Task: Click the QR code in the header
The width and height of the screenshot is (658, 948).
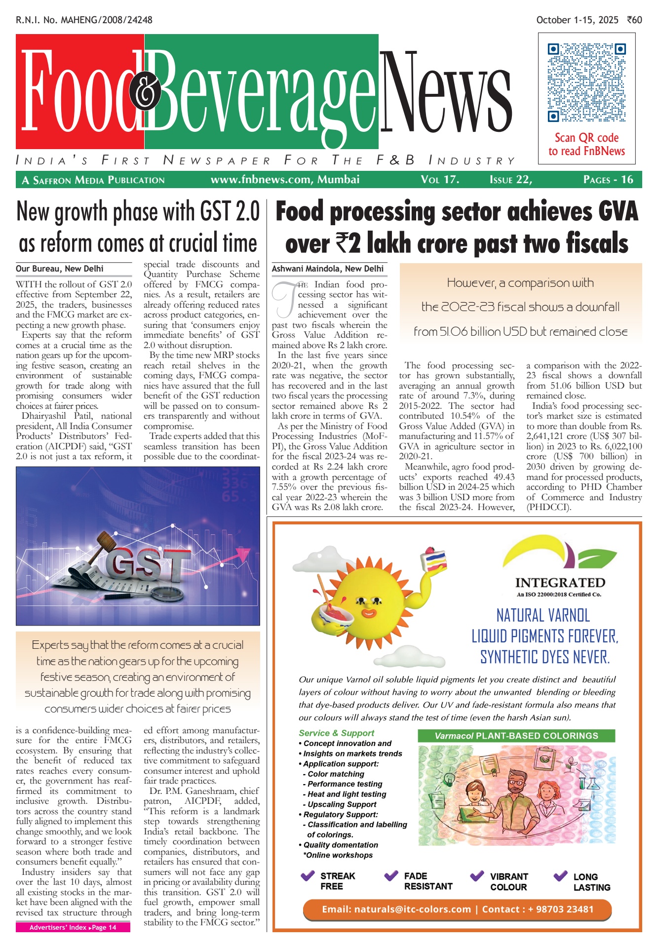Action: click(x=586, y=82)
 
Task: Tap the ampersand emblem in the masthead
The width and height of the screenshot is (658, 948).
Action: click(x=145, y=92)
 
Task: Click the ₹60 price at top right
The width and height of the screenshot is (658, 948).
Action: click(x=634, y=20)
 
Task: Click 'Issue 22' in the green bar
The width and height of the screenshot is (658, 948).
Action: click(x=510, y=179)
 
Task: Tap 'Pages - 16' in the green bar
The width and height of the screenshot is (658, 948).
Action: click(x=608, y=179)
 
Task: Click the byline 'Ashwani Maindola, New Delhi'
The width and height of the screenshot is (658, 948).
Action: click(x=328, y=269)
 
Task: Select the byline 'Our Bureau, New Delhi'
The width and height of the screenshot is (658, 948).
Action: click(x=60, y=269)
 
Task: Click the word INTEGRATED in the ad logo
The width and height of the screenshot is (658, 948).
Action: click(x=560, y=583)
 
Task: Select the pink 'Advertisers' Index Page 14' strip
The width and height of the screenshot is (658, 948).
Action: click(x=73, y=927)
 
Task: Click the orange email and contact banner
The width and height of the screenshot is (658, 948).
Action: click(x=457, y=909)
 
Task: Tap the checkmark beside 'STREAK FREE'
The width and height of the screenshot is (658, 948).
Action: click(x=308, y=876)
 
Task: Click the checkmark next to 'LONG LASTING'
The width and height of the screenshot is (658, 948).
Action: click(x=560, y=876)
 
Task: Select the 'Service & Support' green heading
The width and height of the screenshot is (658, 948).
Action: click(x=336, y=733)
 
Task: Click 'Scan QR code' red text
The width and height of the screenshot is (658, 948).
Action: click(x=586, y=138)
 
